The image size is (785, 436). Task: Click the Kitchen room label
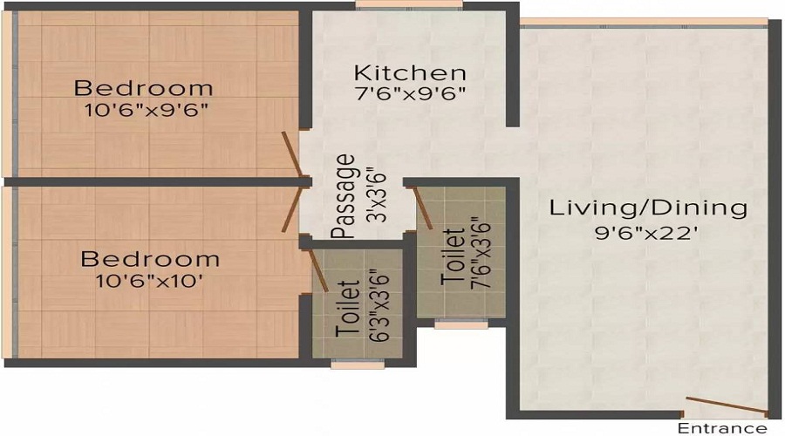tap(410, 72)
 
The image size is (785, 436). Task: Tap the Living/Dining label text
tap(648, 208)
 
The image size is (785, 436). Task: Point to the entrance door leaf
tap(726, 406)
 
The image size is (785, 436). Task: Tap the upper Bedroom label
tap(143, 88)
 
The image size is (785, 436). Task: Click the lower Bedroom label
tap(150, 260)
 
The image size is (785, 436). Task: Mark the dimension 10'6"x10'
tap(150, 281)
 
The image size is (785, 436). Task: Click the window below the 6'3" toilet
tap(357, 364)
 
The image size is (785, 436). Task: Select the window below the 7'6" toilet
tap(461, 324)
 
